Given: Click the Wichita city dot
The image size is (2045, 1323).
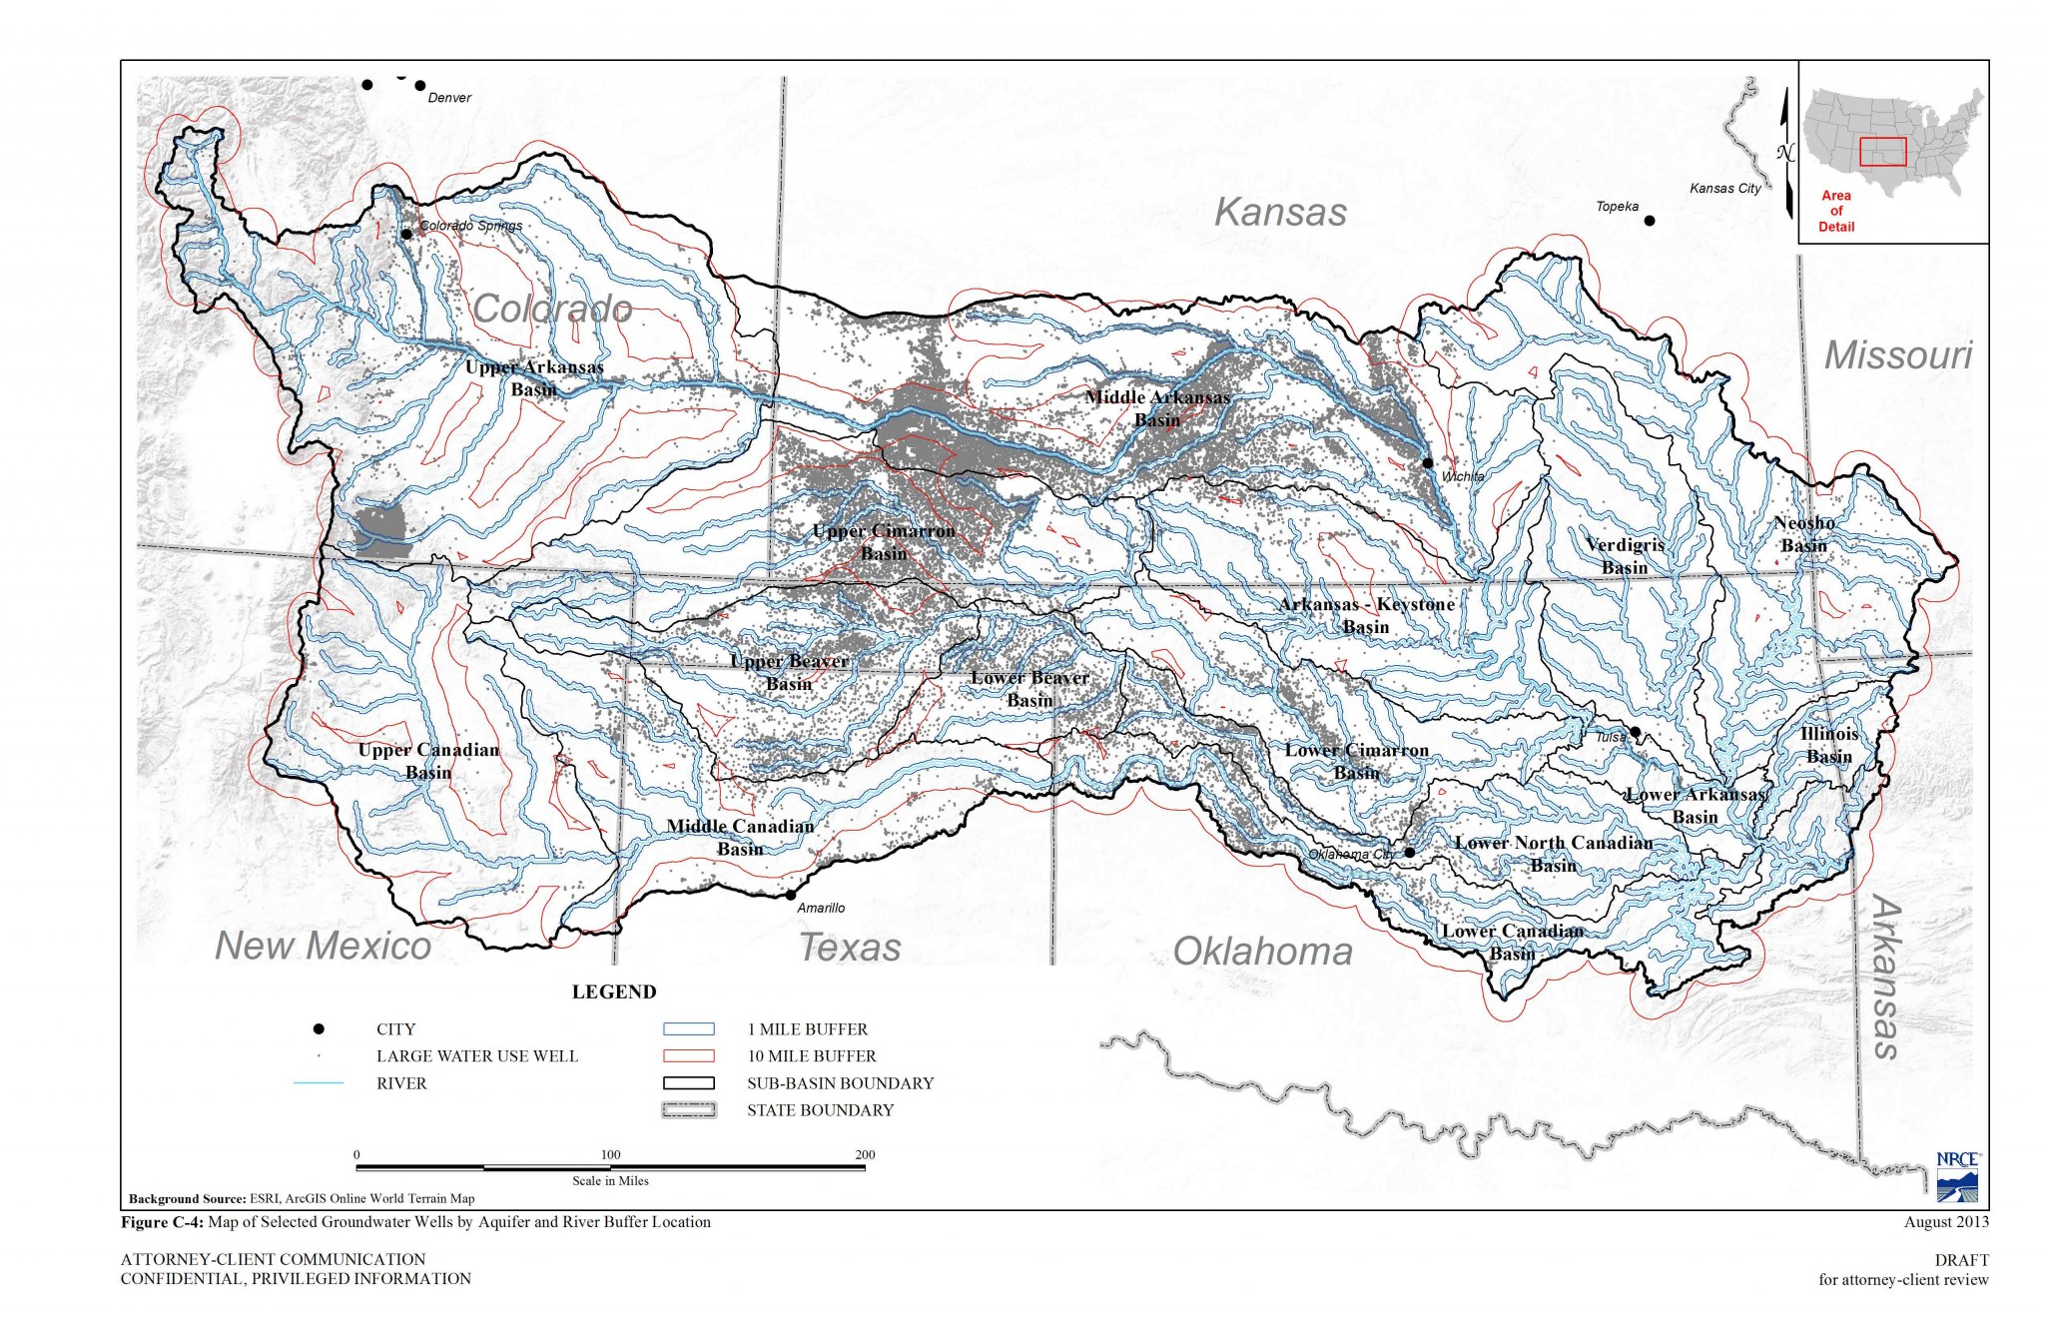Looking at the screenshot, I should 1428,462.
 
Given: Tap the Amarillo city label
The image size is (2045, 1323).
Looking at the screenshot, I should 821,908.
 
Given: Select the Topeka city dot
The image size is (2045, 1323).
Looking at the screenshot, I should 1650,221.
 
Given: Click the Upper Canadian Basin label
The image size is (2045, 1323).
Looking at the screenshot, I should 428,761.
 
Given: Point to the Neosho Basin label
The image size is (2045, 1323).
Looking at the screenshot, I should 1804,534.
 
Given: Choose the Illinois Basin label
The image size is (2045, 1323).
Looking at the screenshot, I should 1829,745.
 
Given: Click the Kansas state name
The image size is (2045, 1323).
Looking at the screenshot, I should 1280,212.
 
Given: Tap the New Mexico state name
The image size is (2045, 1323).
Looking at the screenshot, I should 323,946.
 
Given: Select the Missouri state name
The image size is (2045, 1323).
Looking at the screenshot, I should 1898,355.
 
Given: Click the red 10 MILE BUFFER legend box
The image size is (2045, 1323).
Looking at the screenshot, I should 689,1055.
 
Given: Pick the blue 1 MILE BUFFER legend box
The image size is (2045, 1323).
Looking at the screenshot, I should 689,1028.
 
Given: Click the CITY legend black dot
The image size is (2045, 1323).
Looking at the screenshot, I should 319,1028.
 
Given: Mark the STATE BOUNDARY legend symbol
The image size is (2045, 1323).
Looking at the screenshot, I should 689,1109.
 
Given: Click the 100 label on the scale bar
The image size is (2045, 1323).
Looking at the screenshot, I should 610,1154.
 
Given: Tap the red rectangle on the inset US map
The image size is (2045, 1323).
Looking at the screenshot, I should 1882,152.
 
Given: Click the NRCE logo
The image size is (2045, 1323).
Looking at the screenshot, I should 1958,1177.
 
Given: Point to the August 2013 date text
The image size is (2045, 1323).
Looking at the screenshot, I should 1945,1221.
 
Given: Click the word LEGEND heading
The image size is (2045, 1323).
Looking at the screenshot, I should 614,992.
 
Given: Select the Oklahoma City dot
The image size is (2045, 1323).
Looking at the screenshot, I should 1409,852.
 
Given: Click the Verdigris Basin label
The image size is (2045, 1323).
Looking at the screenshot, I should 1625,556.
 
